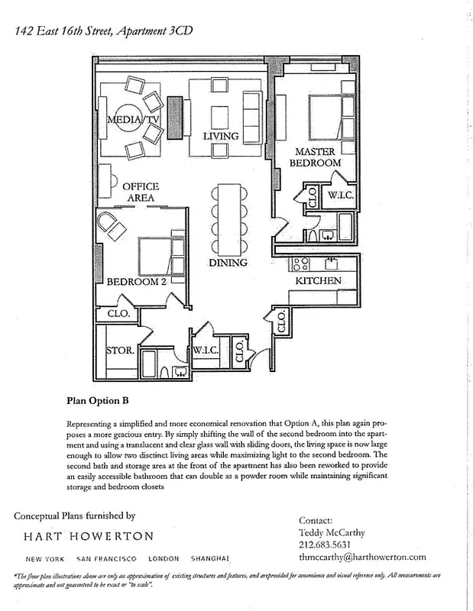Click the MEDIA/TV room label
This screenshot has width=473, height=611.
click(x=133, y=120)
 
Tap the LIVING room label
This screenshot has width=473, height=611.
click(x=221, y=137)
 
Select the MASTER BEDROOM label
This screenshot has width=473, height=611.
click(x=317, y=157)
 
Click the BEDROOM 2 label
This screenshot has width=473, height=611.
click(x=137, y=282)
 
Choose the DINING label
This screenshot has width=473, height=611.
click(x=228, y=263)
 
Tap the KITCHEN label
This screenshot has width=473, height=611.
click(x=319, y=281)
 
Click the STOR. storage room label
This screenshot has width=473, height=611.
click(x=121, y=351)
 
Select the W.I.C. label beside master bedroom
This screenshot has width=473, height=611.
click(x=339, y=195)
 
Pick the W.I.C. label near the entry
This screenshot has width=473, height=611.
click(x=206, y=351)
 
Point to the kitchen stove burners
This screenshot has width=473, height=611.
click(x=300, y=264)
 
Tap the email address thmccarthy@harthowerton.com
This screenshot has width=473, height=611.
click(x=362, y=557)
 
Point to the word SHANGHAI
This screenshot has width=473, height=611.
click(x=212, y=559)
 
